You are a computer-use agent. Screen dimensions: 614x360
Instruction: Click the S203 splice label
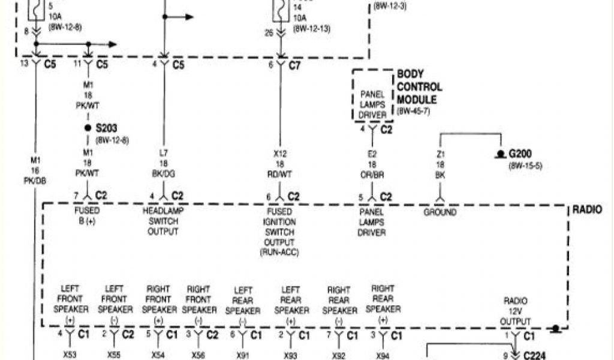pyautogui.click(x=109, y=128)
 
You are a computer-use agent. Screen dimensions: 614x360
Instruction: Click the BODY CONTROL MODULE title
pyautogui.click(x=419, y=87)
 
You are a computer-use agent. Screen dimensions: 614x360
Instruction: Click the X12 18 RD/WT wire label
pyautogui.click(x=280, y=164)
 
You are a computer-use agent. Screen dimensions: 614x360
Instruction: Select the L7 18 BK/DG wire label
pyautogui.click(x=163, y=164)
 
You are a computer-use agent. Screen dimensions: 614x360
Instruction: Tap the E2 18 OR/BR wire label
pyautogui.click(x=372, y=164)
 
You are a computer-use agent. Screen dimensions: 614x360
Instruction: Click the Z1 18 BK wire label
pyautogui.click(x=440, y=164)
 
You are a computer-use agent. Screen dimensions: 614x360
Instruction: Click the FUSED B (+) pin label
pyautogui.click(x=88, y=216)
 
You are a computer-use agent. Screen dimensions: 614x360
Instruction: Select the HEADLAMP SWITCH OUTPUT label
pyautogui.click(x=163, y=221)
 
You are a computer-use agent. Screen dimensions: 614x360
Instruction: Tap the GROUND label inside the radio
pyautogui.click(x=440, y=212)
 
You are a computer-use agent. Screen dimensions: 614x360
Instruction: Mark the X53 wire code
pyautogui.click(x=70, y=355)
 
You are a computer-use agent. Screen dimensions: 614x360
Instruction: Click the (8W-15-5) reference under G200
pyautogui.click(x=525, y=165)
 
